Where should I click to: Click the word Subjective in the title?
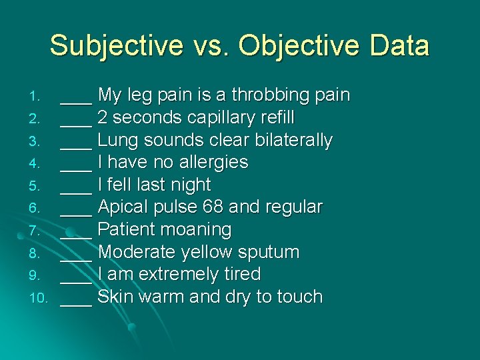click(116, 47)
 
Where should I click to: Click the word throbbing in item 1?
click(269, 95)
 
